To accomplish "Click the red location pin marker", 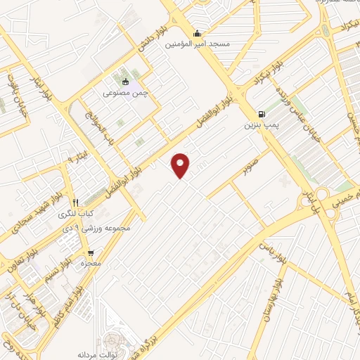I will tap(181, 165).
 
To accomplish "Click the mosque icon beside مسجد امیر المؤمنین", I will tap(198, 33).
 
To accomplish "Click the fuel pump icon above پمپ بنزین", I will tap(262, 113).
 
